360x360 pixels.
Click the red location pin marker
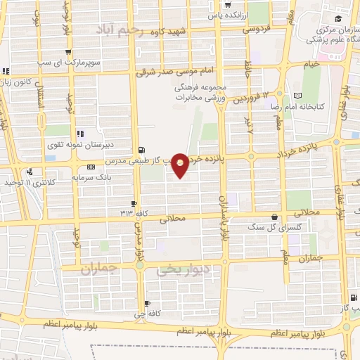[x=181, y=165]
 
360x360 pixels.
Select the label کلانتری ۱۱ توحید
[x=28, y=183]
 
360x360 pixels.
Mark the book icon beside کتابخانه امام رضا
[x=298, y=95]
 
